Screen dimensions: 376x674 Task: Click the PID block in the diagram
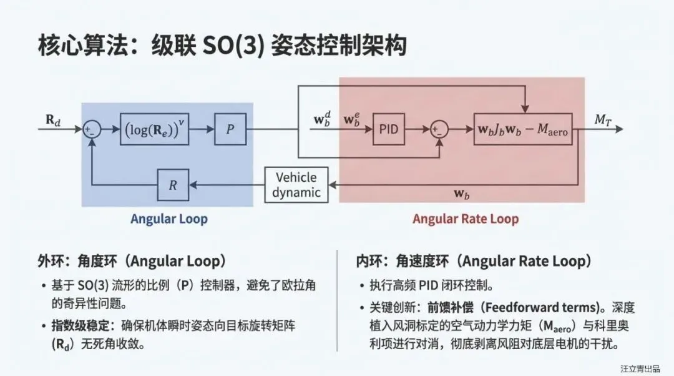point(388,129)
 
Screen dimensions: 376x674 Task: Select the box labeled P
point(230,129)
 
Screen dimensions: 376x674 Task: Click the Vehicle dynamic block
point(296,184)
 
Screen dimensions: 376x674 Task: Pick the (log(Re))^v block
point(154,129)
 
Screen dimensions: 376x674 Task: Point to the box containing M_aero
point(523,129)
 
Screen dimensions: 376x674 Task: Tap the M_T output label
point(602,119)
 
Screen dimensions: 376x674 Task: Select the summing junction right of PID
point(439,129)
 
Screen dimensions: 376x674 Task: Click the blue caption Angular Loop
point(168,219)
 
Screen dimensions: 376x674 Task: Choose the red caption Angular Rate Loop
point(465,219)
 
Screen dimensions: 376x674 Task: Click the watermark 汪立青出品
point(640,369)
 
